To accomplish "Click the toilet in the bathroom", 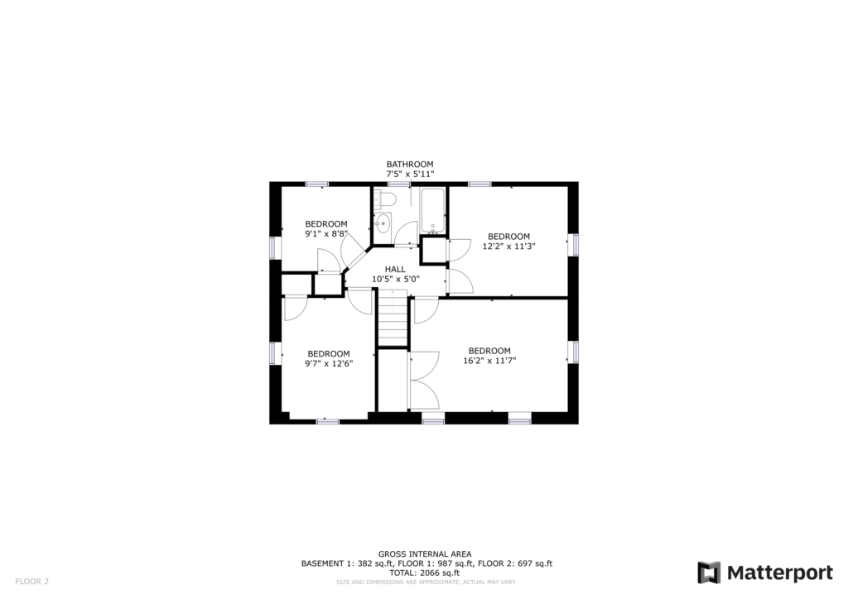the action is pyautogui.click(x=385, y=199).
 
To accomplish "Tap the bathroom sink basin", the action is pyautogui.click(x=383, y=223).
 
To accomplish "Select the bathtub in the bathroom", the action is pyautogui.click(x=432, y=211).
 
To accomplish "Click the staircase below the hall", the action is pyautogui.click(x=392, y=318).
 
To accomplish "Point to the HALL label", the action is pyautogui.click(x=395, y=269).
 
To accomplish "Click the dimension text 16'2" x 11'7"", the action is pyautogui.click(x=489, y=360).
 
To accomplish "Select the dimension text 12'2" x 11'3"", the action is pyautogui.click(x=509, y=246).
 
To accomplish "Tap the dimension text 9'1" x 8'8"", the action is pyautogui.click(x=326, y=234).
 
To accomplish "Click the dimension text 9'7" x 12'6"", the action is pyautogui.click(x=329, y=363).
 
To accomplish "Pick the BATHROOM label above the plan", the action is pyautogui.click(x=409, y=164).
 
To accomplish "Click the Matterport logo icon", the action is pyautogui.click(x=709, y=573).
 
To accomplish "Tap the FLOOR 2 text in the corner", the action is pyautogui.click(x=32, y=582).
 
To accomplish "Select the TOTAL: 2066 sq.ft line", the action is pyautogui.click(x=424, y=573).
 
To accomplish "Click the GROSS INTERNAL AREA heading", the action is pyautogui.click(x=425, y=553).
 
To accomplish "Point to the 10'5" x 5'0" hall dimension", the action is pyautogui.click(x=395, y=280).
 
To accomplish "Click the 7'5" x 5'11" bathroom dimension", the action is pyautogui.click(x=410, y=174).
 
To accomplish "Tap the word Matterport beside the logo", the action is pyautogui.click(x=780, y=573).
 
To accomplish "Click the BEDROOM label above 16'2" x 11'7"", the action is pyautogui.click(x=489, y=351).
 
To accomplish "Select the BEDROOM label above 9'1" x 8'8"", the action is pyautogui.click(x=326, y=224).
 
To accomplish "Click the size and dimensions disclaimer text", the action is pyautogui.click(x=426, y=582).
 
